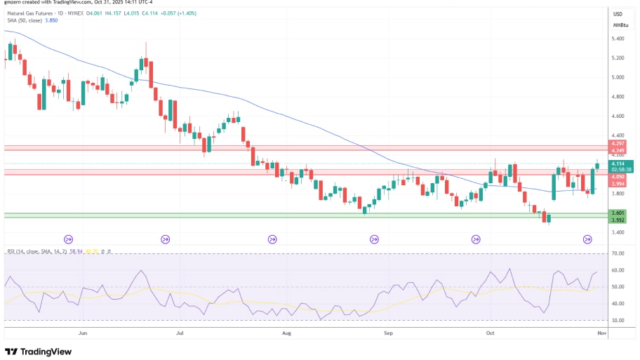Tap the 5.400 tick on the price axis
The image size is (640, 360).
tap(618, 39)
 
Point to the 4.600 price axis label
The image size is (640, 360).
tap(618, 116)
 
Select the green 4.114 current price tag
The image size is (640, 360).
tap(618, 164)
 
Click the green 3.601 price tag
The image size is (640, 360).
tap(618, 213)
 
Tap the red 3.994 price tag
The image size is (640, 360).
tap(618, 184)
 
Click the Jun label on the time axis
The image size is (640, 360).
tap(83, 333)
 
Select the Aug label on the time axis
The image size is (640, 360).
tap(286, 333)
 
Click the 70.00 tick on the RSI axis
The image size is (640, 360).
tap(618, 253)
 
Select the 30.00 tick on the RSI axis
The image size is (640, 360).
tap(618, 320)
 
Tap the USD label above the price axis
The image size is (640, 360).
tap(618, 14)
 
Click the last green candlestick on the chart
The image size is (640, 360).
tap(598, 166)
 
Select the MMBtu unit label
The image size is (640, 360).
tap(619, 25)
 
